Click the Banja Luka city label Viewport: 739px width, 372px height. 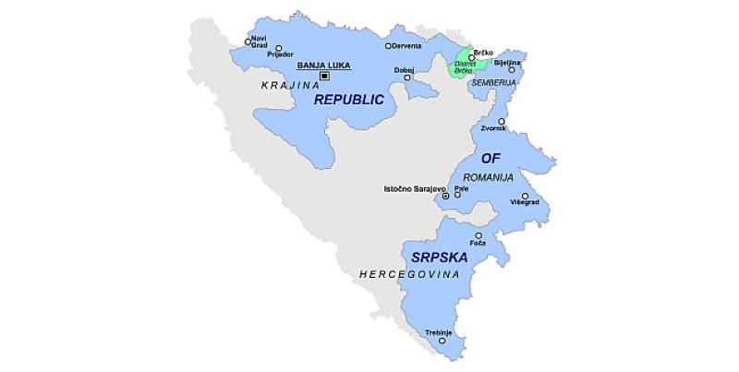321,66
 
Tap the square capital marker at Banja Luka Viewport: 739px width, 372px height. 323,76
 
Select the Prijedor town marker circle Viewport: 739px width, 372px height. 279,48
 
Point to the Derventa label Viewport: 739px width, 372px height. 407,45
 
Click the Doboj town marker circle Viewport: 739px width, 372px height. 407,78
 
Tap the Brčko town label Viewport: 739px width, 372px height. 484,55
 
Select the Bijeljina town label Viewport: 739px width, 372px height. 508,63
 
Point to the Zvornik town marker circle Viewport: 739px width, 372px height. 502,122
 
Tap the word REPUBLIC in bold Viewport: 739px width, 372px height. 348,99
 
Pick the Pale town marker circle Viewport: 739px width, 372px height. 457,196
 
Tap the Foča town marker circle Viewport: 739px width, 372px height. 478,235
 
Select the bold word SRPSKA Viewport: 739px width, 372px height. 441,257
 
